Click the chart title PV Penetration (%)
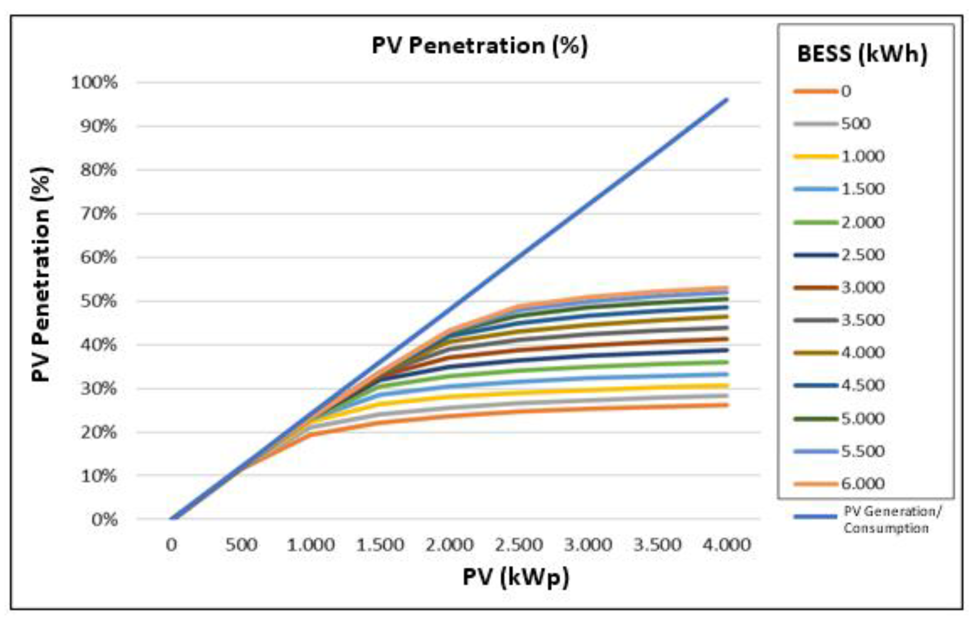(x=479, y=46)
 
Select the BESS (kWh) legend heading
(x=862, y=54)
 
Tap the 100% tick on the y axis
(x=94, y=83)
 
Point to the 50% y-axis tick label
(x=98, y=301)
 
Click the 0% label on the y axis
(x=104, y=520)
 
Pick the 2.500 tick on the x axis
(x=519, y=545)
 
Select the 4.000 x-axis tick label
(x=726, y=545)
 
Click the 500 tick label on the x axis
(x=241, y=545)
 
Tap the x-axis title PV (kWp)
(x=515, y=578)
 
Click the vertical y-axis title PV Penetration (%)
(x=41, y=274)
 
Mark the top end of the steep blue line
(x=726, y=100)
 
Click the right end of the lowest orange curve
(x=727, y=405)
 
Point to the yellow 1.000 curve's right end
(x=727, y=385)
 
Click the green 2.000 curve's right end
(x=727, y=362)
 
